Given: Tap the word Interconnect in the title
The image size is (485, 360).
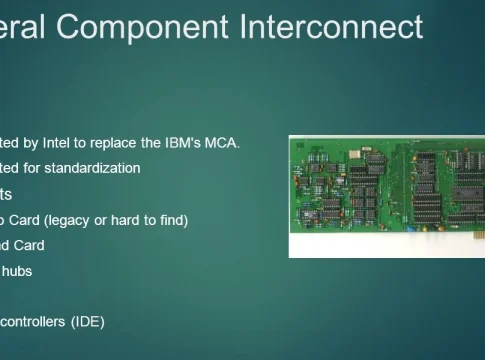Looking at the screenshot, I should (331, 27).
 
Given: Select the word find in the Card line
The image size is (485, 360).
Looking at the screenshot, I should (170, 219).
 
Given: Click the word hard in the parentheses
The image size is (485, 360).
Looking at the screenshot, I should (132, 219).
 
